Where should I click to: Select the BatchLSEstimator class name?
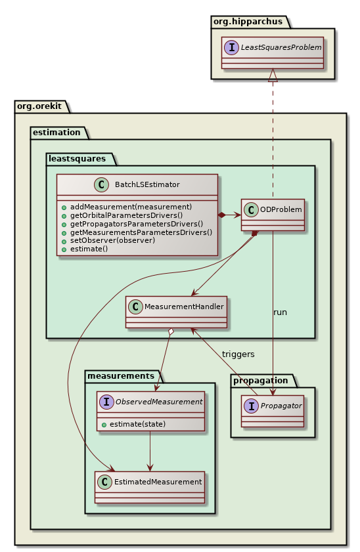pyautogui.click(x=152, y=184)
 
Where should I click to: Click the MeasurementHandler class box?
pyautogui.click(x=176, y=312)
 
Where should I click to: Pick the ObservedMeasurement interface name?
pyautogui.click(x=160, y=402)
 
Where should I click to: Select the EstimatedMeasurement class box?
pyautogui.click(x=150, y=486)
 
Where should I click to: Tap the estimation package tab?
pyautogui.click(x=58, y=132)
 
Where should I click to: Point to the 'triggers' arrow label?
pyautogui.click(x=238, y=354)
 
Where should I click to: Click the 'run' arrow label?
pyautogui.click(x=280, y=312)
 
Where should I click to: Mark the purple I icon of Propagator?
pyautogui.click(x=252, y=406)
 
